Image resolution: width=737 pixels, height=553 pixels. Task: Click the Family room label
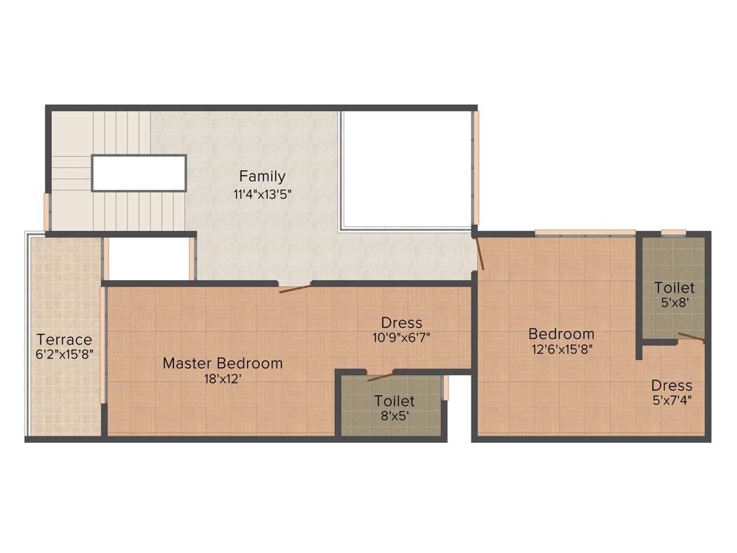262,176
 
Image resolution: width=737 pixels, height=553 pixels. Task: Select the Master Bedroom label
222,364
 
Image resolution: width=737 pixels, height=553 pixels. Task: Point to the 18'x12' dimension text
222,379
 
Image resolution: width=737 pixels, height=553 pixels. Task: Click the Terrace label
65,339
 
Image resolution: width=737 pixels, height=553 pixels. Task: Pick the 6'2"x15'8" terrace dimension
65,354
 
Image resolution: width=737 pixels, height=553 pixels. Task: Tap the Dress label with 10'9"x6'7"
402,323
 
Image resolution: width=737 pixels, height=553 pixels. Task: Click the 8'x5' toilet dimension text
394,415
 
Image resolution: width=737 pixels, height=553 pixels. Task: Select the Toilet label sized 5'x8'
674,288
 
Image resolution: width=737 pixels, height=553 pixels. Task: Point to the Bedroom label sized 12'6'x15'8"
561,334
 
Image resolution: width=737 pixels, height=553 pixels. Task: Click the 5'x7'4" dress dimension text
672,401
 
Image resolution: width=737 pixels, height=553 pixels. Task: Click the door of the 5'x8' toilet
692,338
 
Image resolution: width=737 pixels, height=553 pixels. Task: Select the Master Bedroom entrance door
295,289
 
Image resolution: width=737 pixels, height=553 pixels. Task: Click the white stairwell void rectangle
139,173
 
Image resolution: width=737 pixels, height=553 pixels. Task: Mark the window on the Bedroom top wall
584,233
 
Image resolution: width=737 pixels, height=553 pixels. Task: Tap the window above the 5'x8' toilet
674,233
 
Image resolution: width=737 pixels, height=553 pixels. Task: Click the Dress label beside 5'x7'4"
672,386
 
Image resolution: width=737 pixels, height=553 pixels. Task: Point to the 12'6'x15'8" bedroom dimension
561,350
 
